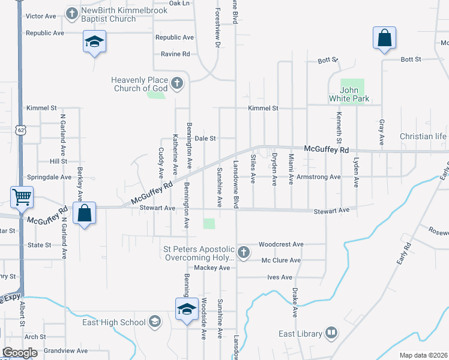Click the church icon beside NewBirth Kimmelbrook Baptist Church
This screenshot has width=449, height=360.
pyautogui.click(x=72, y=13)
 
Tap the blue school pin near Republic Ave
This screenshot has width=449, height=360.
pyautogui.click(x=94, y=42)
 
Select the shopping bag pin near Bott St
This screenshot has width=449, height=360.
pyautogui.click(x=384, y=39)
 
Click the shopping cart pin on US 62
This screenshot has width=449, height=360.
pyautogui.click(x=22, y=196)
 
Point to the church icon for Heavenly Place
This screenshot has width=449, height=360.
pyautogui.click(x=177, y=83)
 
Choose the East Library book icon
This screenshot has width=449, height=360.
pyautogui.click(x=331, y=333)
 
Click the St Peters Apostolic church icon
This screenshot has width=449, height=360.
pyautogui.click(x=244, y=252)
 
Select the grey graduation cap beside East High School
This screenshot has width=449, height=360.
pyautogui.click(x=155, y=322)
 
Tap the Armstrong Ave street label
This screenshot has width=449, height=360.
pyautogui.click(x=319, y=177)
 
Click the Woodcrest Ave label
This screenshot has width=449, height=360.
pyautogui.click(x=282, y=244)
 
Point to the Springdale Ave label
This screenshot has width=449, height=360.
pyautogui.click(x=49, y=178)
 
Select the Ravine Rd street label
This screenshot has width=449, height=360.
pyautogui.click(x=175, y=54)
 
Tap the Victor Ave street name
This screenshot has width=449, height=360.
pyautogui.click(x=41, y=16)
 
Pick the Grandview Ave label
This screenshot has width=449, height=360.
pyautogui.click(x=66, y=350)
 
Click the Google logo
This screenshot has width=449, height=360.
pyautogui.click(x=20, y=353)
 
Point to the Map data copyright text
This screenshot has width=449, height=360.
pyautogui.click(x=424, y=355)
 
